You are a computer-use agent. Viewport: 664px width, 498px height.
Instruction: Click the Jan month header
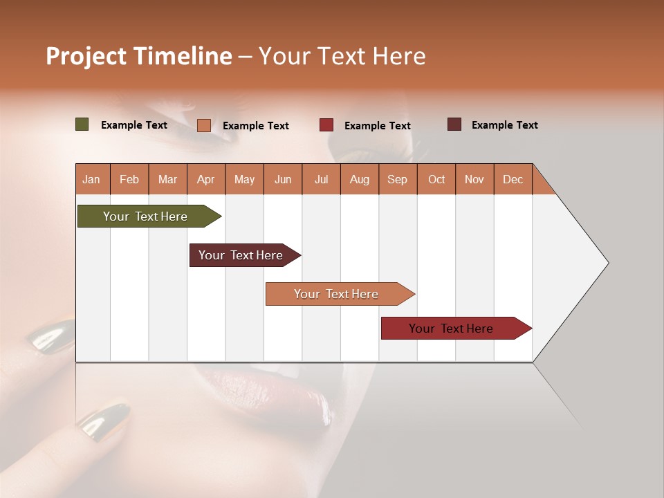pos(91,179)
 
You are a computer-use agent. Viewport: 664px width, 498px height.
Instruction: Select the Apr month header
pos(206,179)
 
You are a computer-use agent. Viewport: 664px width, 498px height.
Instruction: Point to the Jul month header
pos(321,179)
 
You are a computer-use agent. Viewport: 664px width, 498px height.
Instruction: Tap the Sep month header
pos(397,179)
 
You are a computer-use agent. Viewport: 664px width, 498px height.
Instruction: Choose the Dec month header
pos(513,179)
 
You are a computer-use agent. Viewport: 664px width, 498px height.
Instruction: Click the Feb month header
pos(129,179)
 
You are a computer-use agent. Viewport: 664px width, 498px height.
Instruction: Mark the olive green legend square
pos(82,124)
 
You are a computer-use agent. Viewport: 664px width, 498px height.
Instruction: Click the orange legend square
pos(203,125)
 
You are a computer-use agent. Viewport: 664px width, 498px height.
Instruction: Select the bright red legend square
pos(326,125)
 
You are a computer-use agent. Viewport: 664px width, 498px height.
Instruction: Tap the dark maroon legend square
pos(454,124)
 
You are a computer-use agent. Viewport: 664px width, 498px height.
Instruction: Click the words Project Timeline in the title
pos(138,56)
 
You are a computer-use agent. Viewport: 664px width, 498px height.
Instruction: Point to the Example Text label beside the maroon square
pos(504,125)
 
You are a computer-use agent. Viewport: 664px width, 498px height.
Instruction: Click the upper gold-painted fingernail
pos(53,338)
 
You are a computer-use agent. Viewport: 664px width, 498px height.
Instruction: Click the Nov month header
pos(474,179)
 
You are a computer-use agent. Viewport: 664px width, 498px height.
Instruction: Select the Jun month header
pos(283,179)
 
